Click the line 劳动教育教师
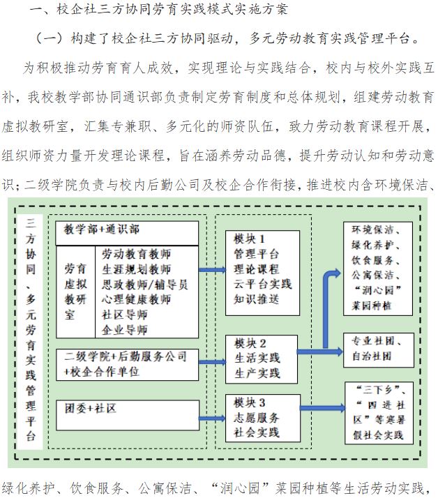(136, 254)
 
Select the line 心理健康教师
(136, 300)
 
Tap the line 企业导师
(125, 329)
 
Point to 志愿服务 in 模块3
(257, 418)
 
